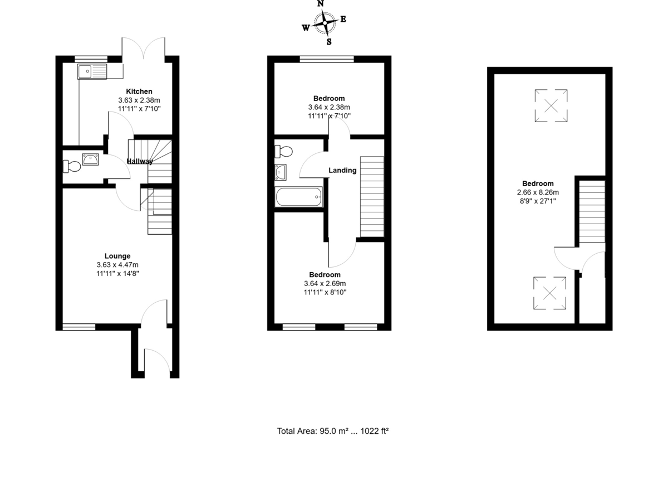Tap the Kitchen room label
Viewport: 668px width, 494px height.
click(139, 91)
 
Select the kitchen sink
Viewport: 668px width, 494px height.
click(92, 71)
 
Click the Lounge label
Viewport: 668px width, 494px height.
click(117, 256)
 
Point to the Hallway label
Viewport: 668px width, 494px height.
click(139, 162)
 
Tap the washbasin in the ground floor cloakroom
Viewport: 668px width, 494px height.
click(90, 159)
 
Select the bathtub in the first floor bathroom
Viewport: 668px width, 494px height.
click(298, 196)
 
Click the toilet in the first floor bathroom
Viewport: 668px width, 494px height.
click(283, 151)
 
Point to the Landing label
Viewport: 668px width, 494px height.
click(342, 170)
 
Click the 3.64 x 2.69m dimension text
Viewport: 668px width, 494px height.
click(325, 283)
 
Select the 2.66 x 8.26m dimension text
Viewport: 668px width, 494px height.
click(538, 192)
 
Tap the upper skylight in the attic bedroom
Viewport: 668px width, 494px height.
click(551, 105)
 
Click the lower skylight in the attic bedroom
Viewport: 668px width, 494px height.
click(550, 293)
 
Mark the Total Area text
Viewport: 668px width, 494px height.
click(332, 431)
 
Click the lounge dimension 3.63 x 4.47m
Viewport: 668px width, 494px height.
click(117, 265)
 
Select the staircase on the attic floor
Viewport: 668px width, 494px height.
click(592, 211)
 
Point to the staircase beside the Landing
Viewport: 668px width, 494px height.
click(372, 196)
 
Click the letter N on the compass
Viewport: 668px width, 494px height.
click(321, 4)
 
